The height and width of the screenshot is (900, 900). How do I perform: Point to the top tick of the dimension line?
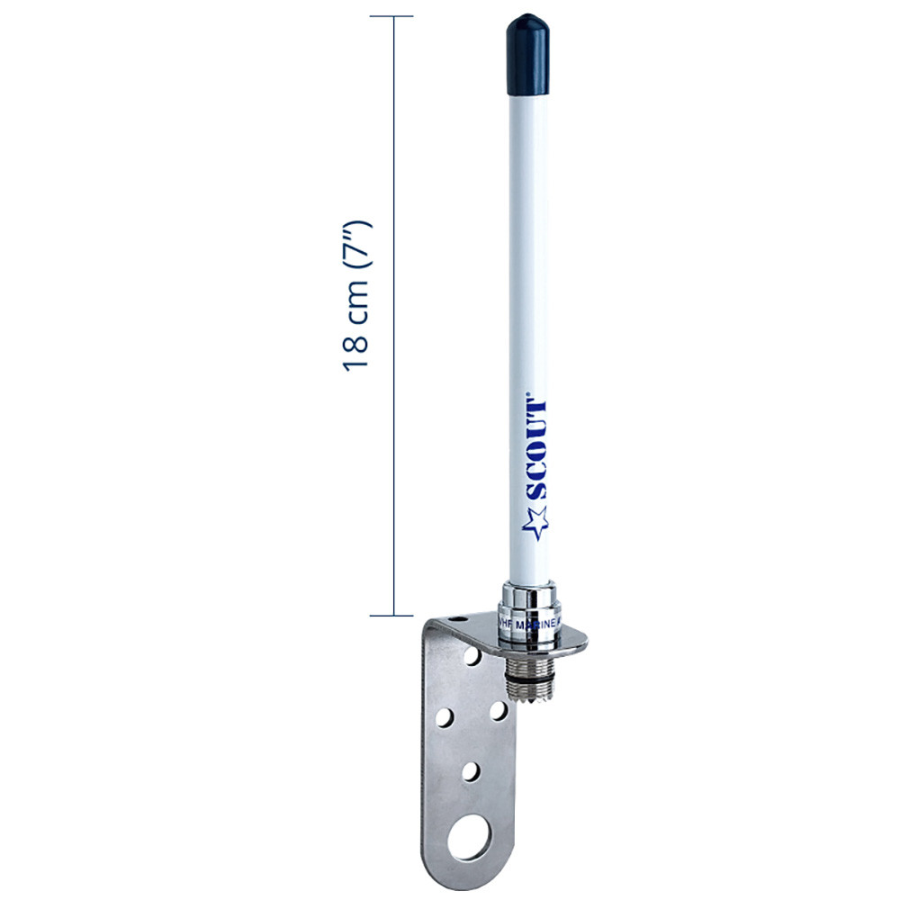391,16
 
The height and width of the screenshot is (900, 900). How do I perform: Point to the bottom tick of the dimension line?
391,616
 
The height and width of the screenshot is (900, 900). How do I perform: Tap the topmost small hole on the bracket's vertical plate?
472,658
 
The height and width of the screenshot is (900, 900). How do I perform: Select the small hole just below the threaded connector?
496,712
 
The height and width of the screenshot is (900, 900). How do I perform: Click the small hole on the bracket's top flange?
460,619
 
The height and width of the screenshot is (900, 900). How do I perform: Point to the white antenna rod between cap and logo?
526,252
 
